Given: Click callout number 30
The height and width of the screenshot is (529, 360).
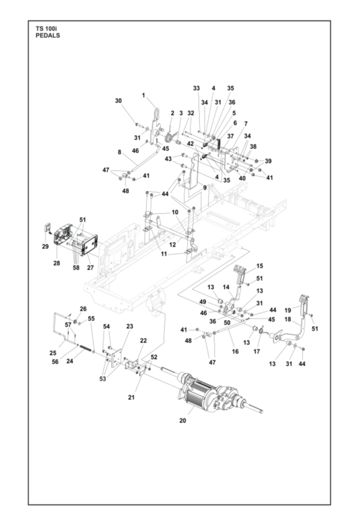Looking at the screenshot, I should (118, 101).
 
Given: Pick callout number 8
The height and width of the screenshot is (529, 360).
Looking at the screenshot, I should (119, 152).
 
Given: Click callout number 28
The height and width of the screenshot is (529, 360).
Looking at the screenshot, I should (56, 263).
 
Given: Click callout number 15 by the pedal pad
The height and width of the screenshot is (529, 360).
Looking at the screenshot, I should (260, 265).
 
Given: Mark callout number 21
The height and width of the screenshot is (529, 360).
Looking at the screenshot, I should (132, 398).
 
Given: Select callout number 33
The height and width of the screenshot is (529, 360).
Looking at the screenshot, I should (197, 88).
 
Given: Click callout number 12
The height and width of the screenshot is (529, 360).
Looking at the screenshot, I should (173, 245).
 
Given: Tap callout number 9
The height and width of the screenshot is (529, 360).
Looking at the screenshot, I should (205, 188).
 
